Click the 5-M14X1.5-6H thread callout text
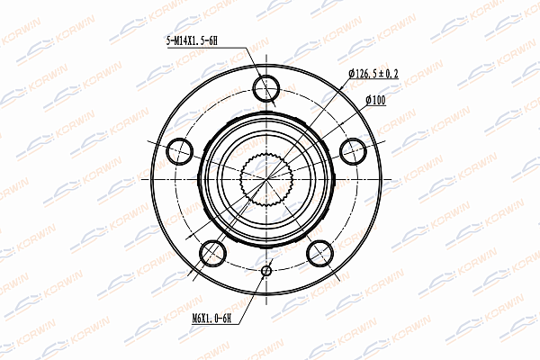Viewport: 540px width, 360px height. point(192,41)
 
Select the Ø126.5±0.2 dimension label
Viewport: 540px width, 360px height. point(373,74)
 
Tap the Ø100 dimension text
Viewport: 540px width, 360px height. point(375,100)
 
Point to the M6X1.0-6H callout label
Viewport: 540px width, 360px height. point(211,319)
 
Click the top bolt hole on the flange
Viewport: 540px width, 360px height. point(266,88)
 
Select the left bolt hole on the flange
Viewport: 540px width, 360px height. point(180,151)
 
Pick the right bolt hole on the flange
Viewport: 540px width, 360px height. point(353,151)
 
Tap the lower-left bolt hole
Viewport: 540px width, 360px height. point(212,253)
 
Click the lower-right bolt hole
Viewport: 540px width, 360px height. point(319,253)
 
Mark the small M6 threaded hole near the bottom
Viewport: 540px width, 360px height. point(266,271)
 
